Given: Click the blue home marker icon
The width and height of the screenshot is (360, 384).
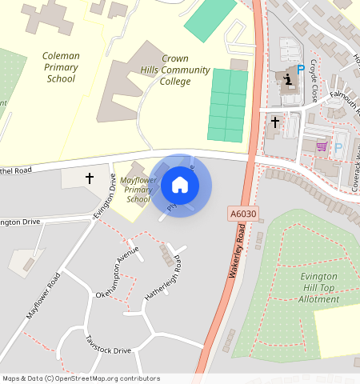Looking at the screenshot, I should (180, 185).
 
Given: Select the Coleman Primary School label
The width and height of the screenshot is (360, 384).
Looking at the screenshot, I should (61, 68).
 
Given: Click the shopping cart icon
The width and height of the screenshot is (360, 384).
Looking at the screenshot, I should (322, 146).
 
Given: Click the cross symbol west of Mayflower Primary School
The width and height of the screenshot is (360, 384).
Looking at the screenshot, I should (90, 178).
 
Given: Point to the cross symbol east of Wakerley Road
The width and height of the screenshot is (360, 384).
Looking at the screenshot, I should (275, 122).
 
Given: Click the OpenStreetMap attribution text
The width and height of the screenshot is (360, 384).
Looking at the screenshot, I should (81, 378).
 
